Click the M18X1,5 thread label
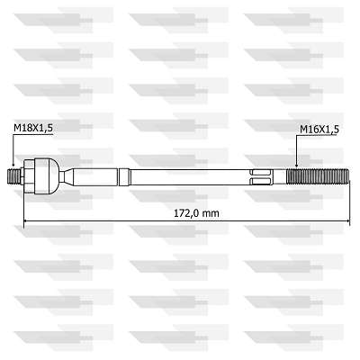point(33,130)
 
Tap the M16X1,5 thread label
point(319,130)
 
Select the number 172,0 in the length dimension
point(183,212)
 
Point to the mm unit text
point(211,212)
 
